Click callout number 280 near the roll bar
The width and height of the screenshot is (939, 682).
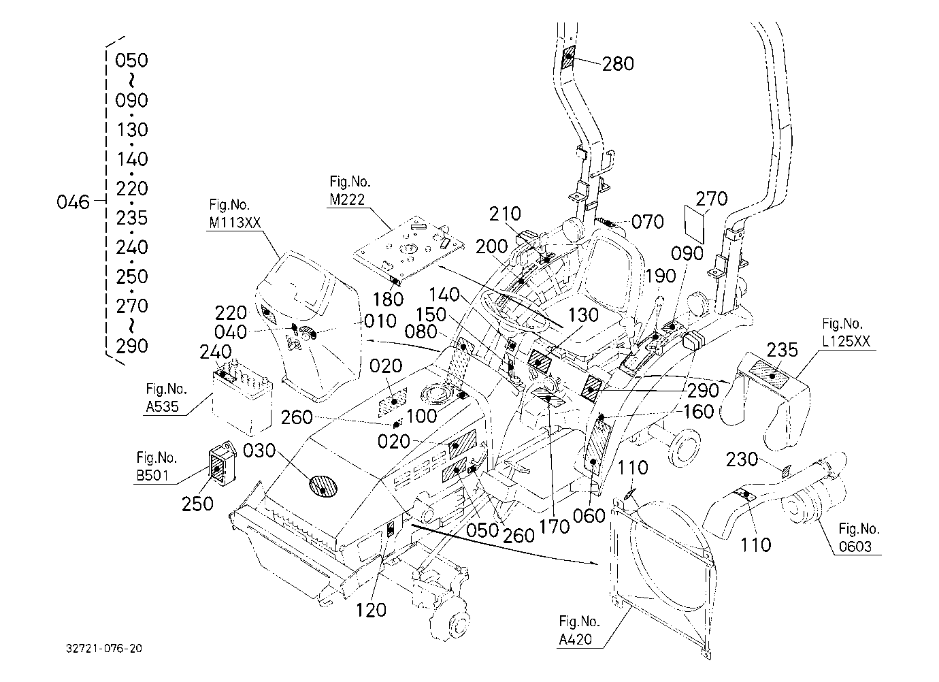point(618,64)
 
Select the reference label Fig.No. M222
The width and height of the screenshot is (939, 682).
point(350,191)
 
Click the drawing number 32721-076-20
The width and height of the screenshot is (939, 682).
point(104,649)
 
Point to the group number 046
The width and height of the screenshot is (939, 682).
point(73,202)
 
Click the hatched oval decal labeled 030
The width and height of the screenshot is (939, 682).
point(323,486)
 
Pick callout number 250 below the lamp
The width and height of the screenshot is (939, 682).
point(197,504)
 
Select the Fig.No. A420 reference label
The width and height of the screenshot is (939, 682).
point(579,630)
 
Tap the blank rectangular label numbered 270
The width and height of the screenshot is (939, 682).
point(695,223)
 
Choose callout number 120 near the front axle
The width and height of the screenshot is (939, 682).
point(371,611)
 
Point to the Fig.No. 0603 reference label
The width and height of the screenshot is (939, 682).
point(859,537)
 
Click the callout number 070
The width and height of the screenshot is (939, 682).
point(648,222)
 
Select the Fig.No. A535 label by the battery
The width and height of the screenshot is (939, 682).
point(166,397)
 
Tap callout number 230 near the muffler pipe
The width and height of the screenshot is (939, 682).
point(742,459)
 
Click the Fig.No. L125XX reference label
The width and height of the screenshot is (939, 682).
point(846,332)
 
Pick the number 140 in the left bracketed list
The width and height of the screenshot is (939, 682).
point(132,159)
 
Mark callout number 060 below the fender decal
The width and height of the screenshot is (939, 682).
point(589,516)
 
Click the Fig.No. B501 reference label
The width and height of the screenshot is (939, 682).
point(156,466)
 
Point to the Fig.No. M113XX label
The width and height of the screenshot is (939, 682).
point(235,214)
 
